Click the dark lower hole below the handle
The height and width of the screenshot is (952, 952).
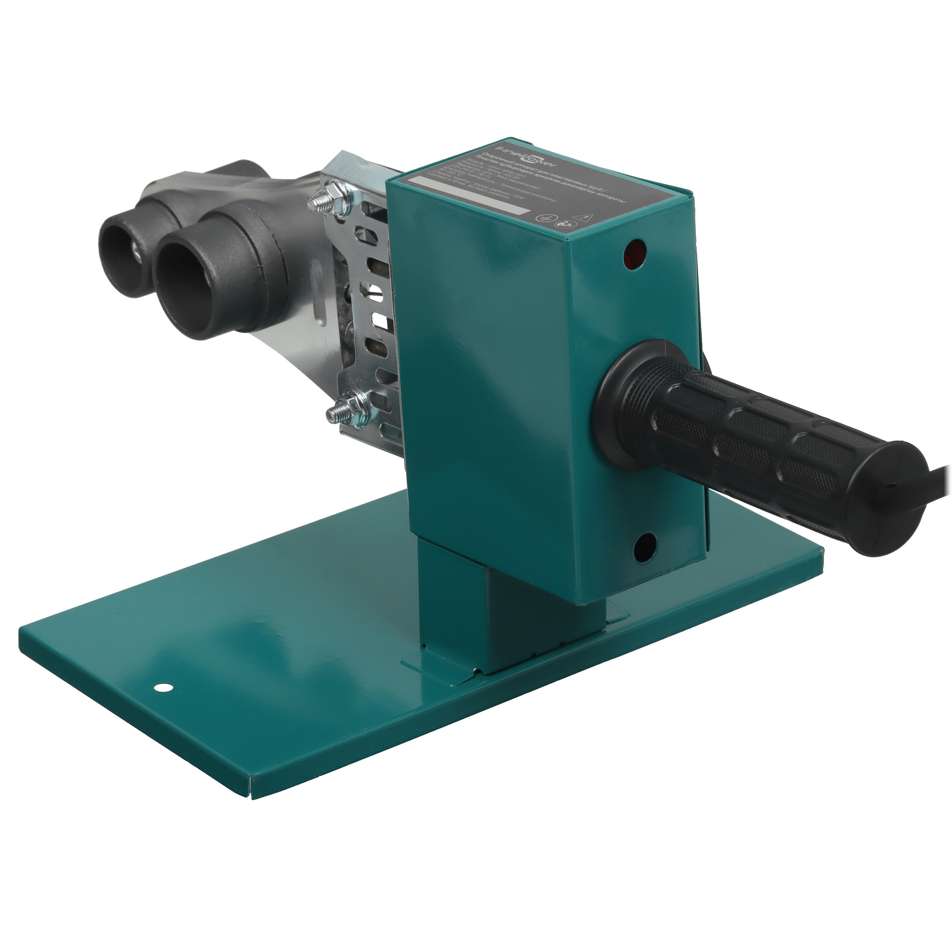[644, 547]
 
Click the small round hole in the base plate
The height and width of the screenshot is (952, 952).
[161, 687]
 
